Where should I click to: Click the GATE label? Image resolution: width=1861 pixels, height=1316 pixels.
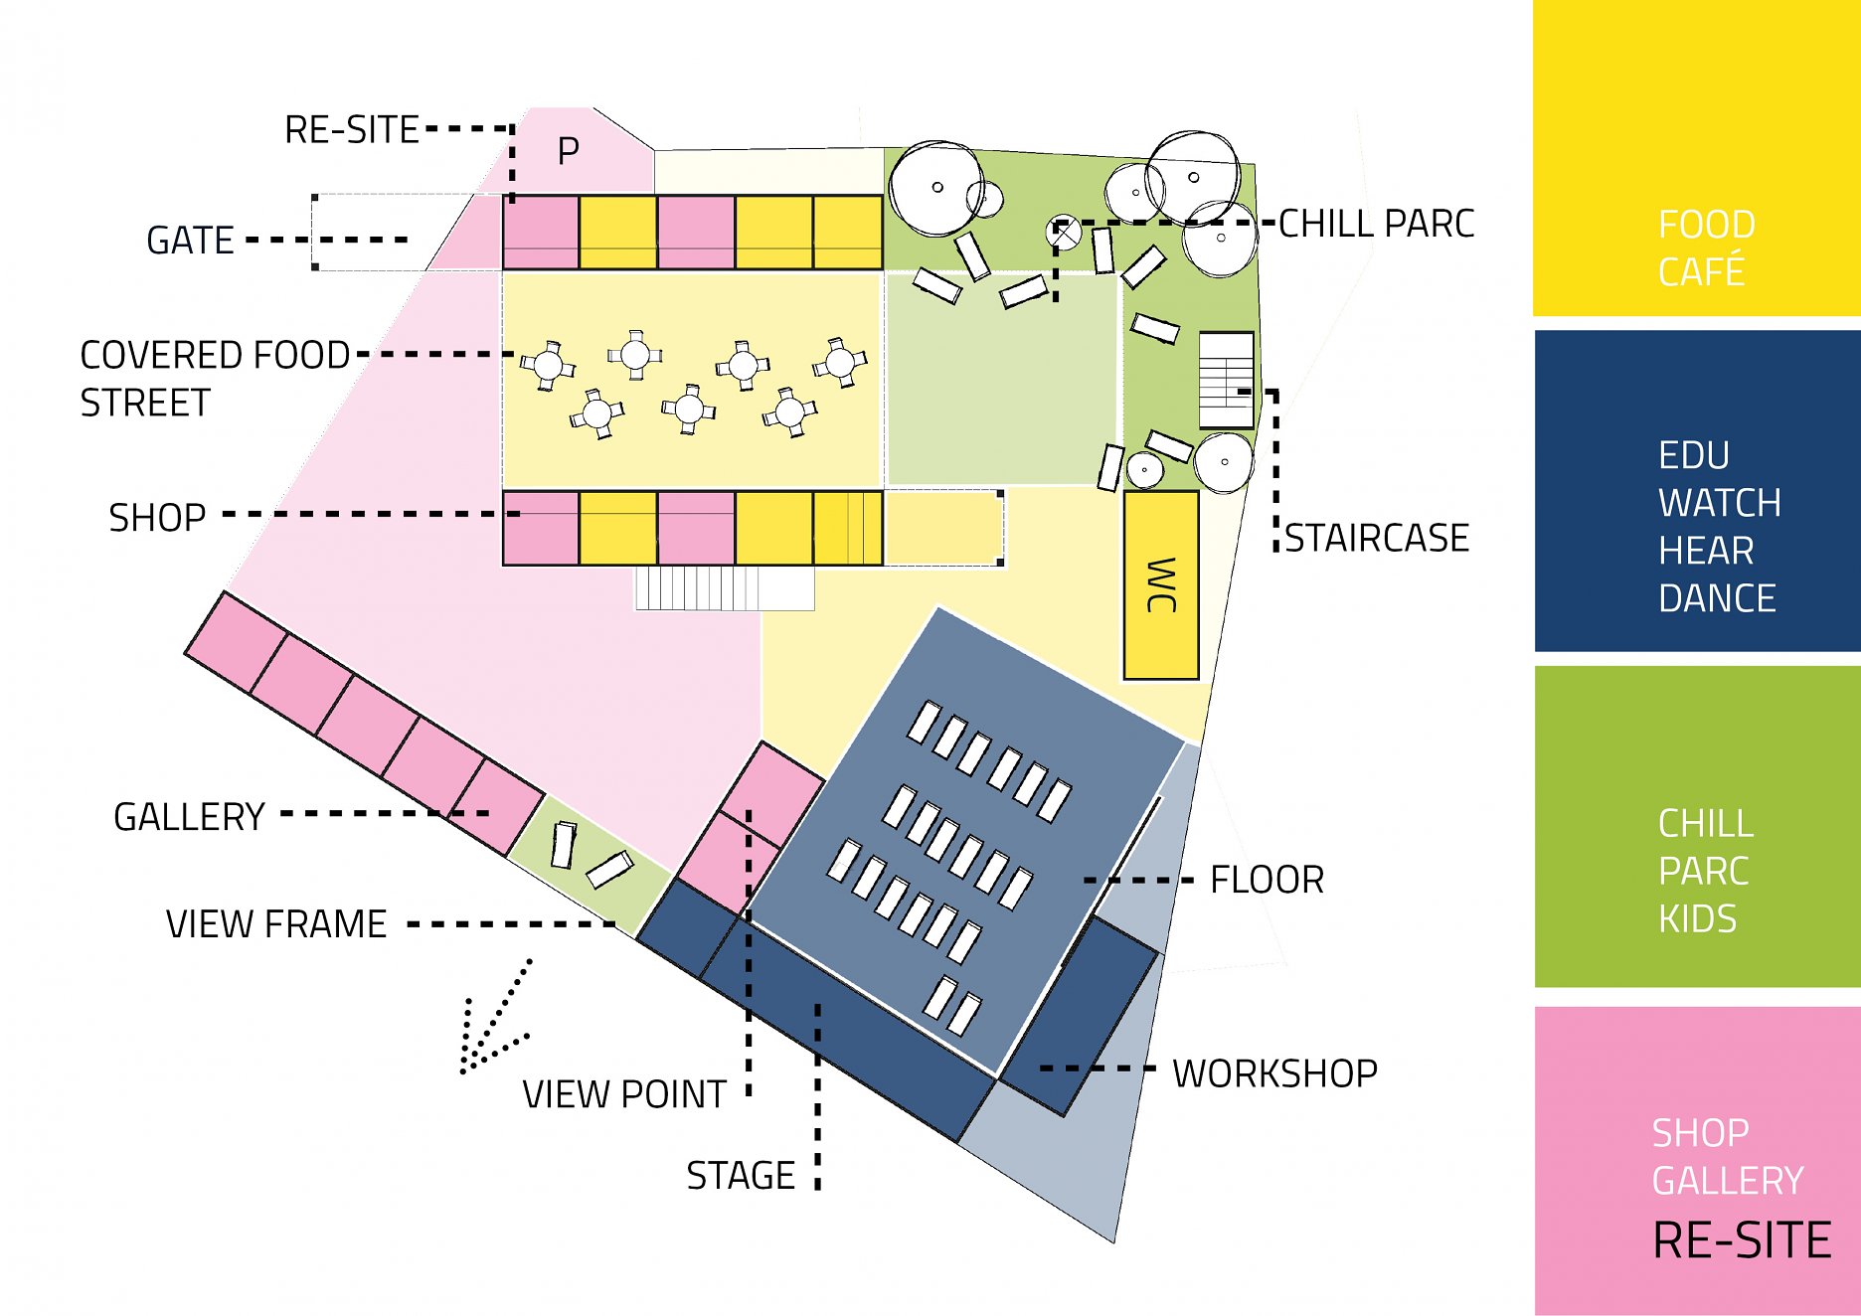190,241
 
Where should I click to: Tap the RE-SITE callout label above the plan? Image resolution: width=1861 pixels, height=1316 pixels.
351,130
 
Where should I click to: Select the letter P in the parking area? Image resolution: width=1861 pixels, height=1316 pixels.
568,152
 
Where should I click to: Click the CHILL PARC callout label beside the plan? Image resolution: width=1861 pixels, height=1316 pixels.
1376,225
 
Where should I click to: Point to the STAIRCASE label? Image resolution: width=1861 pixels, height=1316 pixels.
1377,539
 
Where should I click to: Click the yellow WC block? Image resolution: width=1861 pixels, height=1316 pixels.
1160,585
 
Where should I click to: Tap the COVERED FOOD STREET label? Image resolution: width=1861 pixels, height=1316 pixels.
214,379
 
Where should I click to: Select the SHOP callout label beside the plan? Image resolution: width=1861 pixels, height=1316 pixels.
157,518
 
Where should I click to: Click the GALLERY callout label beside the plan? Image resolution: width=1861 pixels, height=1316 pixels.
189,817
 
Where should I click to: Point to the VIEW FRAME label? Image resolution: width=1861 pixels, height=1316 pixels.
275,924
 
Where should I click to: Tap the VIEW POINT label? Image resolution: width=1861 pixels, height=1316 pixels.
624,1094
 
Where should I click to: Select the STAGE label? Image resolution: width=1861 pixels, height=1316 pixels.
741,1176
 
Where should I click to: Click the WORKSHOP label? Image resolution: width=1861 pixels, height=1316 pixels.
1274,1073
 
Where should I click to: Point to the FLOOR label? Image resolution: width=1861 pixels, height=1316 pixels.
1267,880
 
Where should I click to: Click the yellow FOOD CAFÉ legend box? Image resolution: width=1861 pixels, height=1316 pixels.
1696,159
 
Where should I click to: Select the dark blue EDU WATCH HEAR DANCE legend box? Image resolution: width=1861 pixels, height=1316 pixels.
1696,491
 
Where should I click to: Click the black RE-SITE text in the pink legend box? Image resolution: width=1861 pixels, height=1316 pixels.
1741,1240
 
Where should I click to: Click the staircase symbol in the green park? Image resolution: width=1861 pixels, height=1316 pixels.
1226,380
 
